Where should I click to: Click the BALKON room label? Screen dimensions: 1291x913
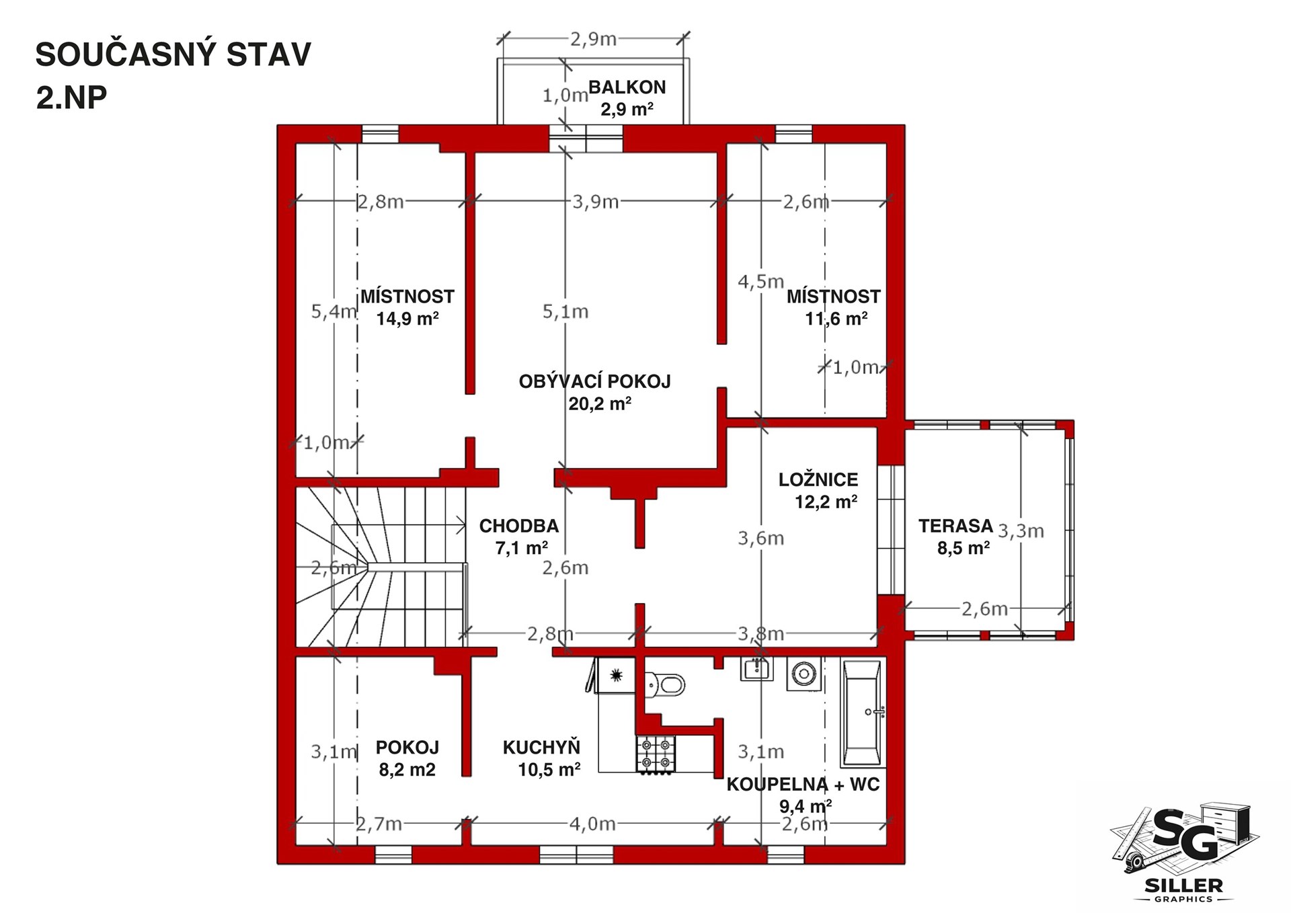click(x=627, y=87)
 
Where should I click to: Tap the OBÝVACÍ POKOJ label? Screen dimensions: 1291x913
click(x=595, y=381)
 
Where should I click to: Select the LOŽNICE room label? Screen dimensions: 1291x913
click(x=818, y=479)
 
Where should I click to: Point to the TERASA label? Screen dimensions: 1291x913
click(x=955, y=525)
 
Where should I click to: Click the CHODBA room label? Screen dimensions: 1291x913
click(x=519, y=526)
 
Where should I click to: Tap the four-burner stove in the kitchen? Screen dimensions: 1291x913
click(x=656, y=754)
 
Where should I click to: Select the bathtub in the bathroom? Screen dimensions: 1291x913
click(x=863, y=713)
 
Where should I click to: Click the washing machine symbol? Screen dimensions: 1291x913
click(x=804, y=673)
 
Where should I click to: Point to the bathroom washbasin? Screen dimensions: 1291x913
click(x=756, y=669)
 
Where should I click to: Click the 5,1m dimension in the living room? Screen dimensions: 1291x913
click(x=565, y=311)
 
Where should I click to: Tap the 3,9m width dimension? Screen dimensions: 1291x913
click(x=595, y=201)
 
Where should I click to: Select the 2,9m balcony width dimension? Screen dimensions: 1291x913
click(x=594, y=39)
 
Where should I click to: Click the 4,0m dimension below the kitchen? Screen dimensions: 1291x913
click(x=592, y=823)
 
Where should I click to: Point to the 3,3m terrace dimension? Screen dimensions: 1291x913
click(x=1021, y=530)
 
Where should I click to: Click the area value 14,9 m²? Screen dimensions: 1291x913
click(x=407, y=318)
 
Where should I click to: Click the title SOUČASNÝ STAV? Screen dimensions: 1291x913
click(x=173, y=54)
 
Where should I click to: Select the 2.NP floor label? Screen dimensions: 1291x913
click(x=71, y=98)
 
